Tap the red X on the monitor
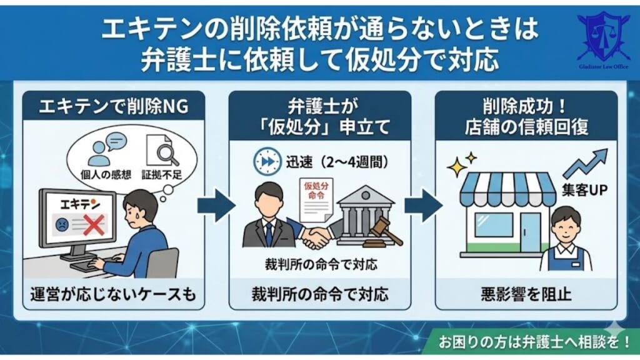(93, 225)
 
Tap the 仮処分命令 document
(316, 197)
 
